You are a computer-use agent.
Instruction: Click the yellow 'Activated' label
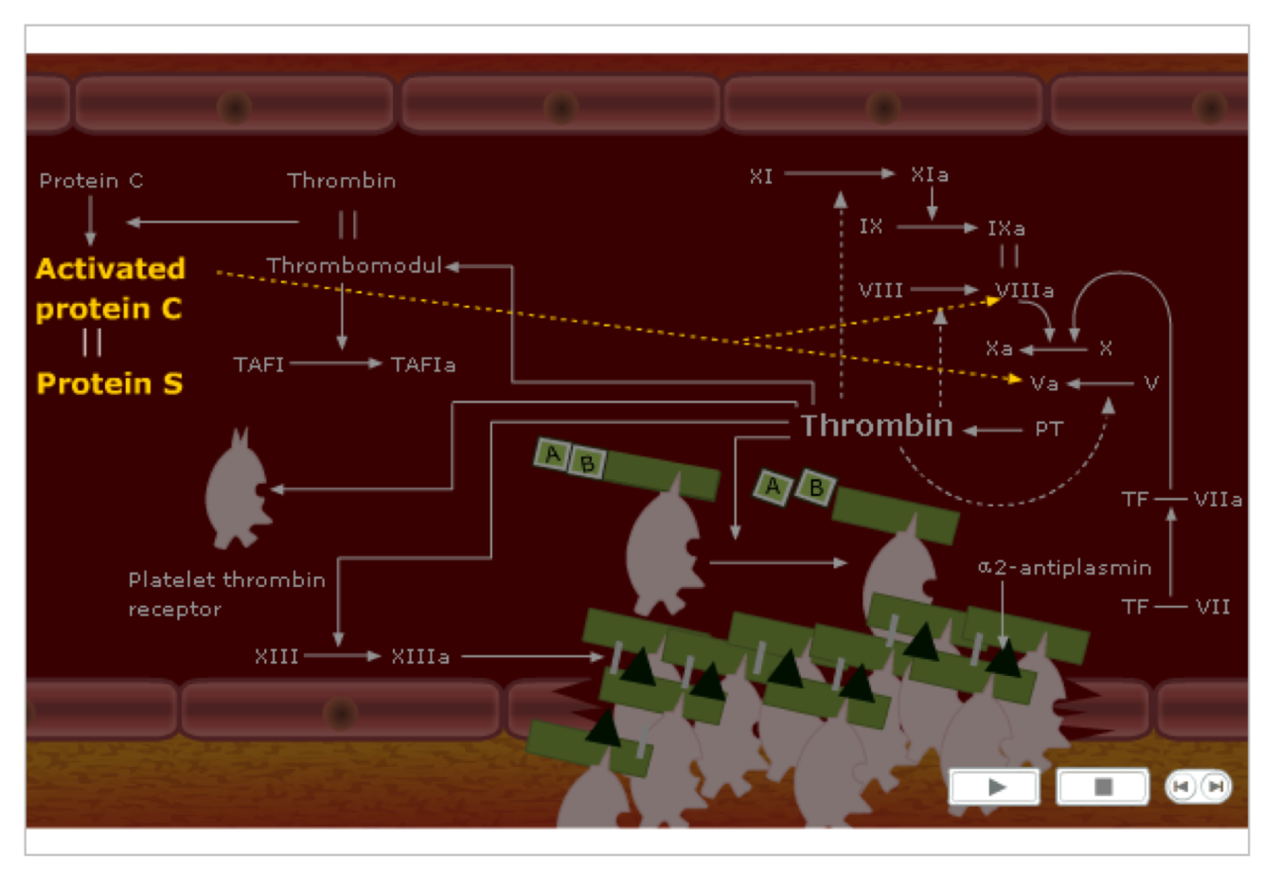[110, 269]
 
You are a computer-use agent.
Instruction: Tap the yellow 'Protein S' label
[109, 383]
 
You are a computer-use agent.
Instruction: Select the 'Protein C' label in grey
[91, 181]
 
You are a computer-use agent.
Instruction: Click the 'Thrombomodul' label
[354, 266]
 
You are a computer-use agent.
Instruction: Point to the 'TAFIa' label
[423, 364]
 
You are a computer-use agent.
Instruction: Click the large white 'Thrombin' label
[877, 425]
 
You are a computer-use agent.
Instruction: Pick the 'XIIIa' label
[419, 656]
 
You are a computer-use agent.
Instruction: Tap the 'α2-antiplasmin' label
[1064, 568]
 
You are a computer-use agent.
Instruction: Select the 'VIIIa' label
[1023, 291]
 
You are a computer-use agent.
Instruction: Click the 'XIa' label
[929, 174]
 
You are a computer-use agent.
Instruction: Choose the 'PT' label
[1048, 430]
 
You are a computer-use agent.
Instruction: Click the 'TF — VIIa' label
[1182, 499]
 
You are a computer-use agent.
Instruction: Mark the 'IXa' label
[1005, 228]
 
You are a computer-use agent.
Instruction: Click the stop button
[1102, 787]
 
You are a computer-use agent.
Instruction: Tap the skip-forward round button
[1216, 787]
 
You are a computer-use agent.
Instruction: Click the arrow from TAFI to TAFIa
[336, 364]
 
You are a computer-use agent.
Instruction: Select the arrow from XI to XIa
[839, 174]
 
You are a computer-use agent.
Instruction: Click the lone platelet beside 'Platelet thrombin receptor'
[236, 491]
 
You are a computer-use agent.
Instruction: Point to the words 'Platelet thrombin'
[226, 579]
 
